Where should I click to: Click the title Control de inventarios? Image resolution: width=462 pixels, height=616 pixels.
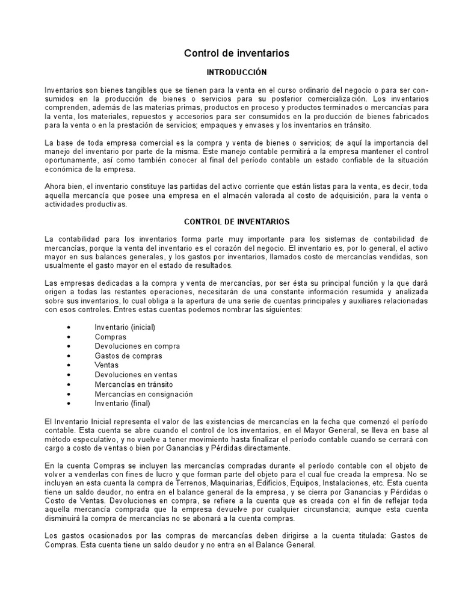click(x=236, y=54)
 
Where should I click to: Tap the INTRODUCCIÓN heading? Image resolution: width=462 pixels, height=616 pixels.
click(x=236, y=72)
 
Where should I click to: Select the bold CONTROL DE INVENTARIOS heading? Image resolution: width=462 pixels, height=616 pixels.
click(x=236, y=222)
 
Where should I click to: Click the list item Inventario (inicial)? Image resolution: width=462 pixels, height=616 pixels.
click(x=125, y=327)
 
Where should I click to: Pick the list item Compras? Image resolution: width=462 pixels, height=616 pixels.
click(x=111, y=337)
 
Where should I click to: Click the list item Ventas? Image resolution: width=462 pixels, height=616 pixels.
click(x=106, y=365)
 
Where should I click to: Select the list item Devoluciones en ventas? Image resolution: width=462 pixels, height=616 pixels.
click(x=136, y=375)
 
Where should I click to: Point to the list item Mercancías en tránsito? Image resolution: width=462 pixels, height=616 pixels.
click(x=135, y=384)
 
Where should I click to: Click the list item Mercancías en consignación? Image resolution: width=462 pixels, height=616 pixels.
click(x=144, y=394)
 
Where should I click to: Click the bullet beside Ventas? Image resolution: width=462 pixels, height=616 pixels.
click(x=70, y=366)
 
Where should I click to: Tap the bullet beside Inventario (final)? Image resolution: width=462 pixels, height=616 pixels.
click(x=70, y=404)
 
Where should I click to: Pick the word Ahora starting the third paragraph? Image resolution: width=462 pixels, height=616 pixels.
click(x=55, y=186)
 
